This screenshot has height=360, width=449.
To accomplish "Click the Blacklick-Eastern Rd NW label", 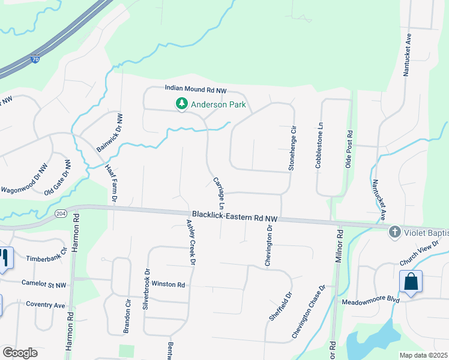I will click(x=235, y=215).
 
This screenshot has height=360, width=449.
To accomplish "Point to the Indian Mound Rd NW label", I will click(x=196, y=89).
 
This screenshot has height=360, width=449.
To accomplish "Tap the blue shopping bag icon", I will click(x=411, y=281).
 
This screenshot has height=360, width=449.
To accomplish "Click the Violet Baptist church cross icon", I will click(x=394, y=231).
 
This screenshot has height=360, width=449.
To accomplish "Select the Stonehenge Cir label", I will click(x=293, y=148).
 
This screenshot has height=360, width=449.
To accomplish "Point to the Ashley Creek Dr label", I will click(x=191, y=242).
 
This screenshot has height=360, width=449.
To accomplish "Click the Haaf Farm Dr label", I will click(x=111, y=183).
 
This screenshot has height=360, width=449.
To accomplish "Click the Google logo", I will click(x=20, y=353).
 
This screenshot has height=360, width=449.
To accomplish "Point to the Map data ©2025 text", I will click(x=423, y=355).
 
